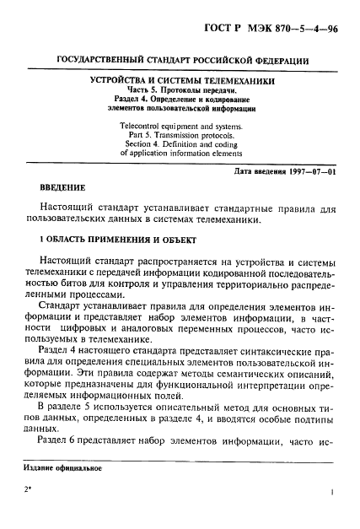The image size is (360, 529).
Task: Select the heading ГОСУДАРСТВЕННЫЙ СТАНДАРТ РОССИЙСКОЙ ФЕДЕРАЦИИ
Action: click(181, 62)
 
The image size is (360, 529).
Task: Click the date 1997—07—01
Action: click(310, 172)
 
